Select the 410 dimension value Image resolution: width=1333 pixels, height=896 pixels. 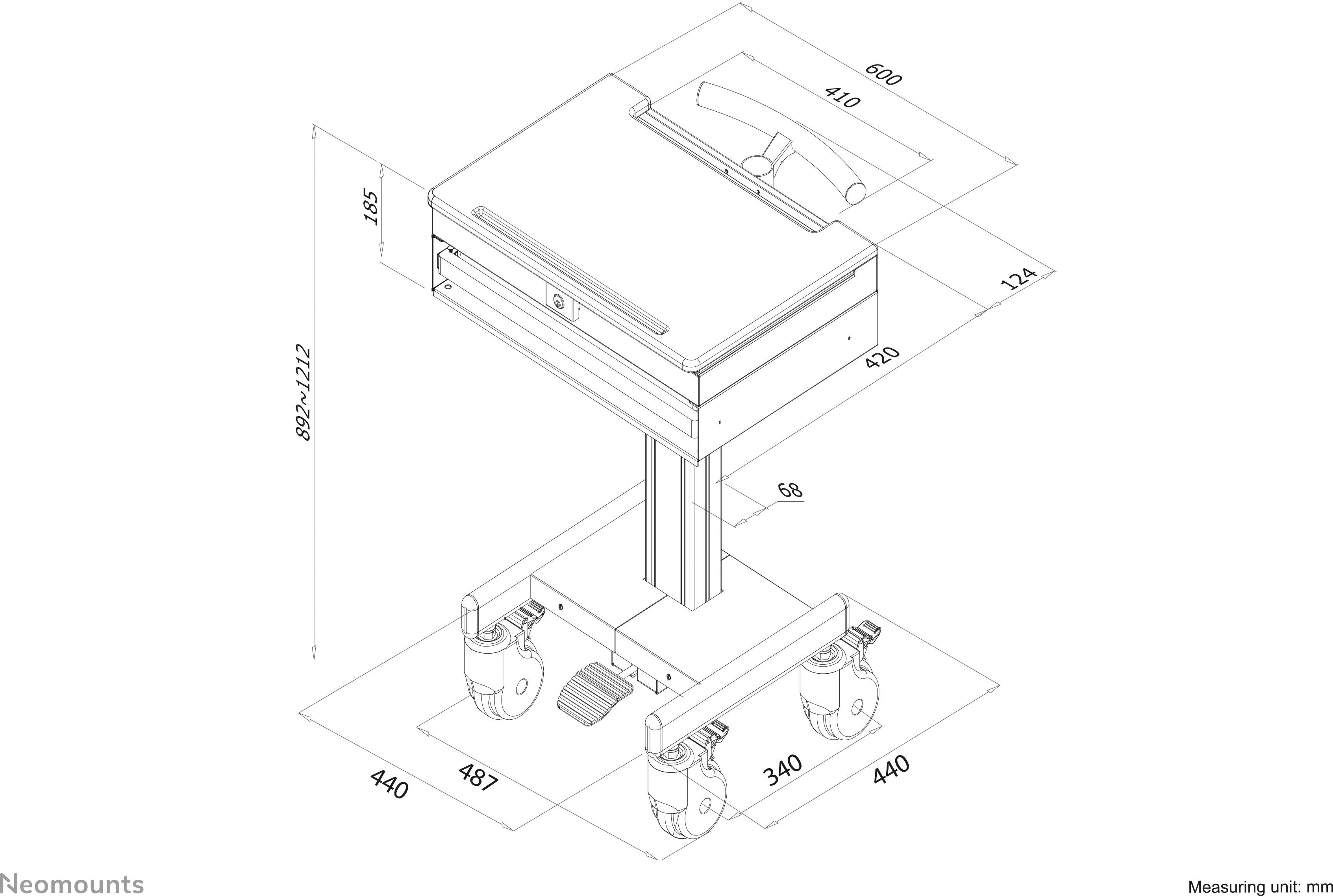(x=842, y=98)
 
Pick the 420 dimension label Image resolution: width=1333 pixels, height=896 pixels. (x=883, y=358)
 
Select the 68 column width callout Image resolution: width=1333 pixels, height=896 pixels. (x=791, y=490)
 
